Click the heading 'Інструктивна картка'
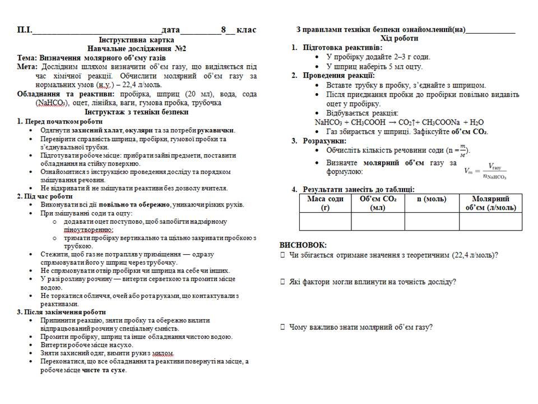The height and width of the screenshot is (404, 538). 136,40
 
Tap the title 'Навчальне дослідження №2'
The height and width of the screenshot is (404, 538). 136,49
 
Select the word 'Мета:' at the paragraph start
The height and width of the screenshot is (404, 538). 27,67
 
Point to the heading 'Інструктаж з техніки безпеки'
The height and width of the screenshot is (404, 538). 136,112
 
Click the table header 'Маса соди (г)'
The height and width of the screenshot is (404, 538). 325,203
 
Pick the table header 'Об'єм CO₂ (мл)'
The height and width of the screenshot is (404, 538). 378,203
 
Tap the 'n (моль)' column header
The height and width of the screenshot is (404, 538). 432,199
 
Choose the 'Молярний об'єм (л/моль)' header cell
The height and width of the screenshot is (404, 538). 490,203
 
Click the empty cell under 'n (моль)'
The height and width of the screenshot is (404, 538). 432,222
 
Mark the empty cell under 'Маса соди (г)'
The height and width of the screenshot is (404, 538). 325,222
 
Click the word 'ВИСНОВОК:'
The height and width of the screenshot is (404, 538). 303,245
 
